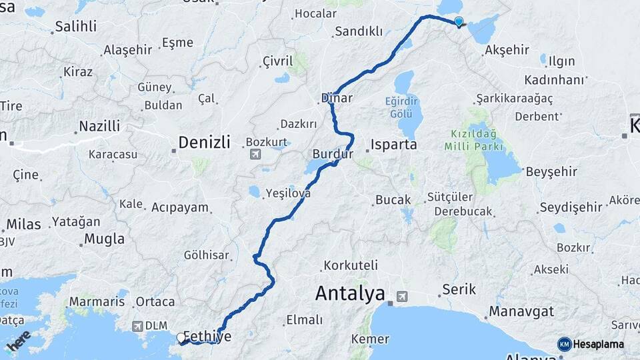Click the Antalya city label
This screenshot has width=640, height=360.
coord(350,293)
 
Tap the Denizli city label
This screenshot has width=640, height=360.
coord(204,142)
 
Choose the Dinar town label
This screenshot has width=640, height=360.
coord(337,98)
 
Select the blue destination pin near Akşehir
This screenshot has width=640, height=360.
coord(459,22)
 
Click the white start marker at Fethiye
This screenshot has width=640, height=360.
coord(180,339)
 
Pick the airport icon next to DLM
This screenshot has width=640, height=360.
coord(137,327)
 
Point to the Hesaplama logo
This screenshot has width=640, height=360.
coord(591,344)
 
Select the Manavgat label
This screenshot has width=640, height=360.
coord(521,311)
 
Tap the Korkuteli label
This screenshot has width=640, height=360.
coord(351,265)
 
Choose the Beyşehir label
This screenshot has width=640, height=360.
coord(551,172)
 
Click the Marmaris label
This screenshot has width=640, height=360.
coord(97,301)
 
